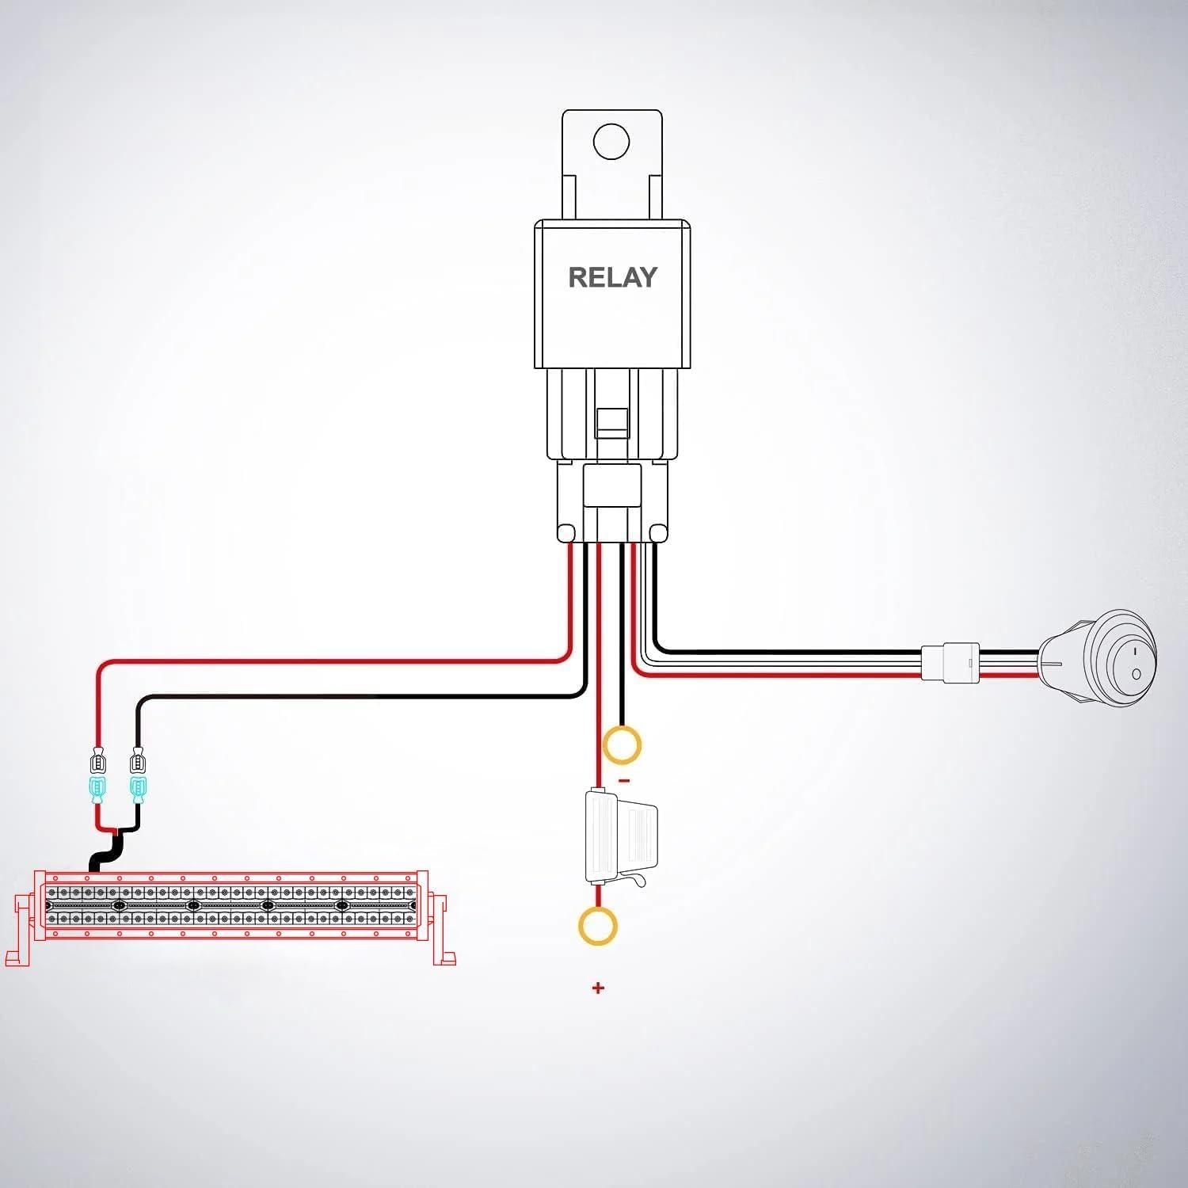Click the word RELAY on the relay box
(x=612, y=277)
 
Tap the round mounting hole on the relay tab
(x=611, y=142)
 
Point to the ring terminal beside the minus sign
(x=622, y=745)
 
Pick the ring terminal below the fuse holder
(x=598, y=926)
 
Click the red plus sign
(x=598, y=988)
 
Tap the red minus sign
(x=624, y=781)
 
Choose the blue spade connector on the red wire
(x=98, y=789)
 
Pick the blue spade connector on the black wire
(x=139, y=789)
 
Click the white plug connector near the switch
(x=950, y=662)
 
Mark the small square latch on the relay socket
(x=611, y=421)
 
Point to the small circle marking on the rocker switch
(x=1137, y=674)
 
